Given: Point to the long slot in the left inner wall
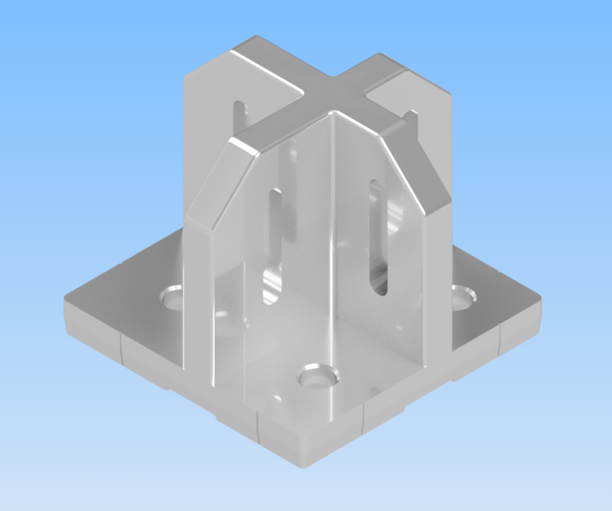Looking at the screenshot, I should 274,236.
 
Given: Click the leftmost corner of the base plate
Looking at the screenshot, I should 67,308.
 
